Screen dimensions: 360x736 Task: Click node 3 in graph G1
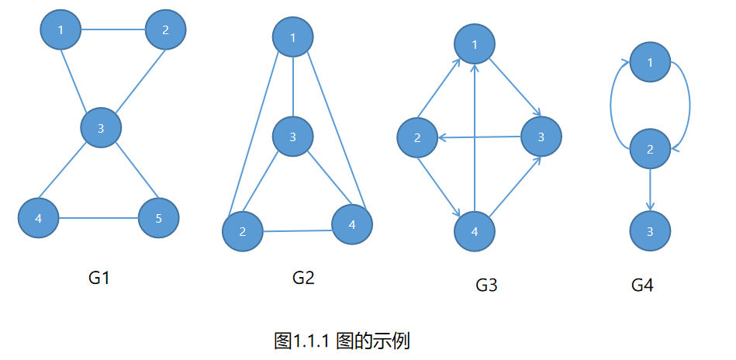101,128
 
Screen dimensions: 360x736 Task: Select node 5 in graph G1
158,218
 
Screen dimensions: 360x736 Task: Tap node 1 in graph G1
60,30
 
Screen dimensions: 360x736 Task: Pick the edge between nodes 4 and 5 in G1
99,218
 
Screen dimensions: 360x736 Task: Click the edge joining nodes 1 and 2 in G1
113,30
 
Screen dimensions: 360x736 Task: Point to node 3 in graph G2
292,137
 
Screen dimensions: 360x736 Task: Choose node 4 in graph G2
352,224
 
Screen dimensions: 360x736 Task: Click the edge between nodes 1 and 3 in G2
292,87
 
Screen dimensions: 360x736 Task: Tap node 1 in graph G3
475,44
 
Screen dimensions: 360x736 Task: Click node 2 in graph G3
417,139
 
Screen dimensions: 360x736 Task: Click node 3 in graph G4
650,232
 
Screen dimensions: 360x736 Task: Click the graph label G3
486,285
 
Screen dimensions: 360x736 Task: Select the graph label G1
98,277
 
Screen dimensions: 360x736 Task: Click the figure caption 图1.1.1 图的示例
341,340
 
